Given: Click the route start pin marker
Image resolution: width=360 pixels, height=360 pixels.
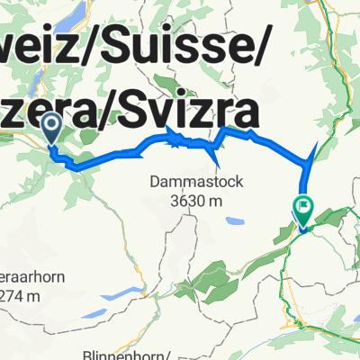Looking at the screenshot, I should pyautogui.click(x=51, y=128).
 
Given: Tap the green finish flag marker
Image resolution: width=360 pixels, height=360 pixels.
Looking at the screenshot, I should pyautogui.click(x=302, y=209).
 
